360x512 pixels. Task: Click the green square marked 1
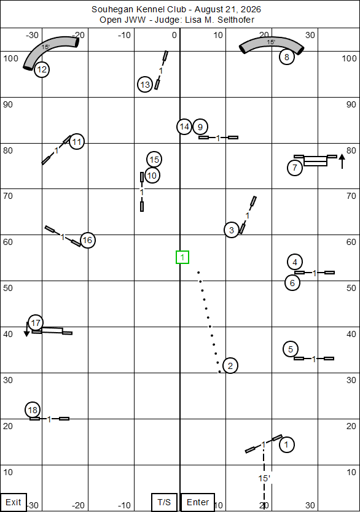click(x=182, y=257)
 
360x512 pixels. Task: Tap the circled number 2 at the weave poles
click(x=230, y=366)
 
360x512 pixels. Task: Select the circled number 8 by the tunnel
click(x=287, y=57)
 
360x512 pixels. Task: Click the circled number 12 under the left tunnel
click(x=42, y=69)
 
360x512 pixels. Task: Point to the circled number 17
click(x=36, y=323)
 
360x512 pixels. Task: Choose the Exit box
click(x=14, y=502)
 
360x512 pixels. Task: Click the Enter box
click(x=198, y=502)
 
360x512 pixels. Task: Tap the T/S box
click(x=164, y=502)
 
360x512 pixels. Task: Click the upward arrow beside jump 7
click(x=342, y=161)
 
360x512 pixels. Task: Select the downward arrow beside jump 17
click(x=27, y=329)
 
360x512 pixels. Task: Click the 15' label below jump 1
click(x=264, y=478)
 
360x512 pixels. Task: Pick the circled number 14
click(x=184, y=126)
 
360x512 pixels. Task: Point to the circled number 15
click(x=154, y=160)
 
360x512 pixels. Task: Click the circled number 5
click(x=291, y=349)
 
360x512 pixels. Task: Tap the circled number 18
click(x=33, y=410)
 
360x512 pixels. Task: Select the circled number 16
click(x=88, y=241)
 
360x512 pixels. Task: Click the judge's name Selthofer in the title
click(x=236, y=20)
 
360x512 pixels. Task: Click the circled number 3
click(x=232, y=230)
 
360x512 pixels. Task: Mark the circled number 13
click(x=145, y=85)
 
